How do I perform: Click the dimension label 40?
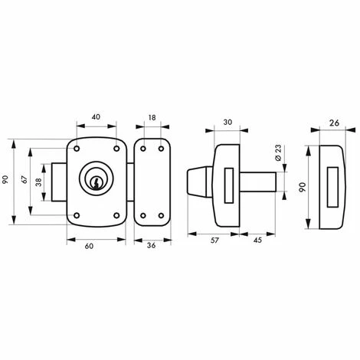(x=96, y=116)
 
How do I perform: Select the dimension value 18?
(x=152, y=118)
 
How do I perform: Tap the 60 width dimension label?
(x=89, y=247)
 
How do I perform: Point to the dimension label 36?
(x=152, y=246)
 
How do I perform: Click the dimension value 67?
(x=25, y=179)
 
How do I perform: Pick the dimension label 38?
(x=38, y=182)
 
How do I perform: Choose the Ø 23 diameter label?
(x=278, y=152)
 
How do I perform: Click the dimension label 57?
(x=214, y=241)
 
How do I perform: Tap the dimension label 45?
(x=258, y=241)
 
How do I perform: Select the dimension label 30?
(x=227, y=123)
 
